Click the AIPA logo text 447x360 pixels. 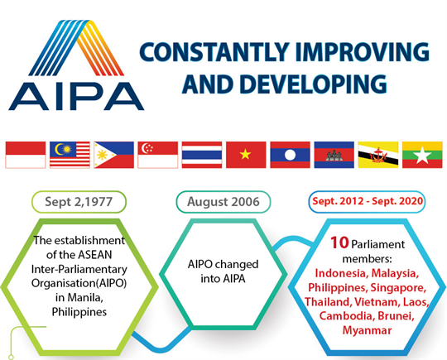coord(75,93)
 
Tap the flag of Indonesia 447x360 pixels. coord(25,155)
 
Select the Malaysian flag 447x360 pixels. coord(70,155)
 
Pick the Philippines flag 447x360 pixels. coord(113,155)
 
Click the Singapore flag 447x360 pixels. coord(158,155)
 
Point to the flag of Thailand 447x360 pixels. coord(202,155)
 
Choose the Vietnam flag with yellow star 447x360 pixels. coord(246,155)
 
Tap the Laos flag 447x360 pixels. coord(290,155)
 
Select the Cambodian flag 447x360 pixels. coord(334,155)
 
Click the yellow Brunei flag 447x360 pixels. coord(377,155)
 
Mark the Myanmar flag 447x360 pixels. coord(421,155)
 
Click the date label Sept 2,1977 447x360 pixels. coord(79,202)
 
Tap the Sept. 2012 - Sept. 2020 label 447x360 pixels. coord(366,202)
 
